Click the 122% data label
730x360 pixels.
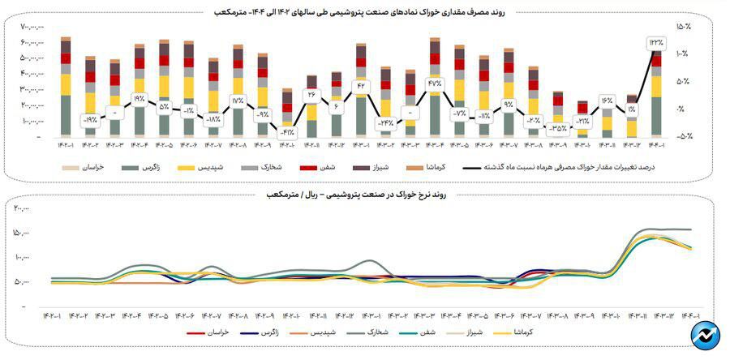[x=655, y=42]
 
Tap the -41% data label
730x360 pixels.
[x=287, y=131]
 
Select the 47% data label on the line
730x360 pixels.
[x=434, y=83]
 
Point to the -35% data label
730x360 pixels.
[x=557, y=127]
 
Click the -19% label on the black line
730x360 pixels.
[x=90, y=120]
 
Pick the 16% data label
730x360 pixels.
[x=607, y=101]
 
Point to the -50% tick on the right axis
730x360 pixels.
[x=682, y=136]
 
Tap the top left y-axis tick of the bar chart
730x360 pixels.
[x=32, y=27]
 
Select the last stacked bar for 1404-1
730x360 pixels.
[x=656, y=93]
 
